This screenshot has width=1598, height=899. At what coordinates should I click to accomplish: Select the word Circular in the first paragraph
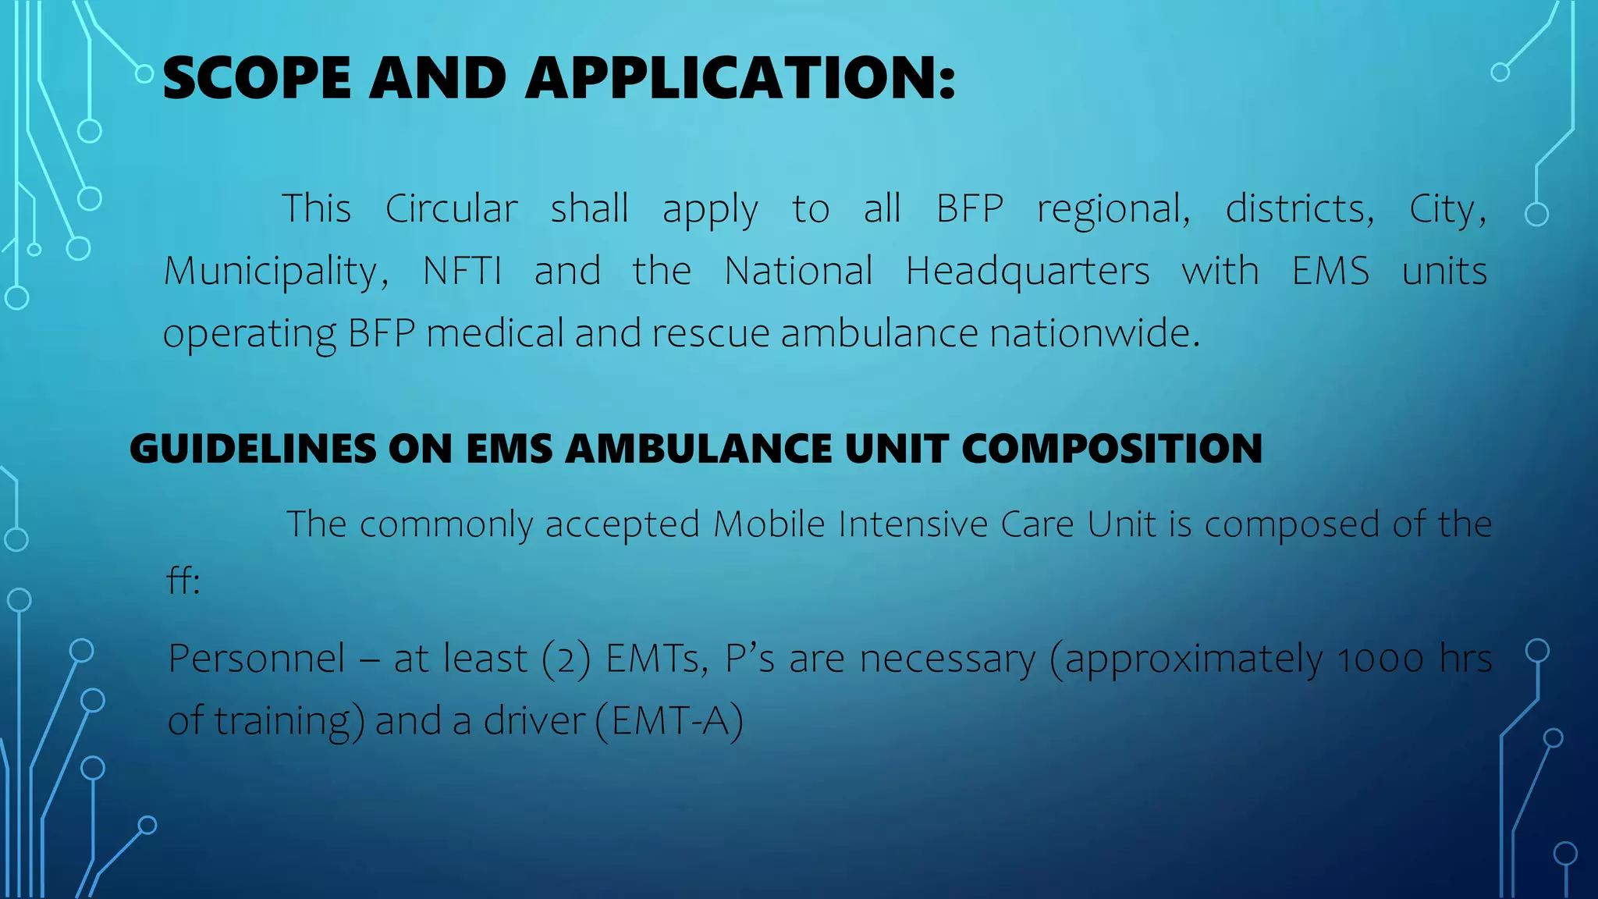point(451,209)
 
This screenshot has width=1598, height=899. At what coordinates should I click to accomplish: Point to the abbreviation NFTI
point(462,271)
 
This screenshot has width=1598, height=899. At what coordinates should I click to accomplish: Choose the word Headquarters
point(1027,272)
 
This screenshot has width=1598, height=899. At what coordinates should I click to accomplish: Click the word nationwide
point(1094,333)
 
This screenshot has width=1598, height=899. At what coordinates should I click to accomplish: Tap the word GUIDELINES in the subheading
point(252,449)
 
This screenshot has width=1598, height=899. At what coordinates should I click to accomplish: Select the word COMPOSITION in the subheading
point(1111,449)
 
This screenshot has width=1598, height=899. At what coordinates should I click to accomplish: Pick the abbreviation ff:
point(184,581)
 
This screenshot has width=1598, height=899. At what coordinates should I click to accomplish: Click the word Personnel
point(257,658)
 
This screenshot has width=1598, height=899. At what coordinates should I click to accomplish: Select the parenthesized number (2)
point(566,659)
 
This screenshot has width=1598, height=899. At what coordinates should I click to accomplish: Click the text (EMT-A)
point(669,720)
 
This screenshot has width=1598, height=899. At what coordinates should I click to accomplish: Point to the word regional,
point(1113,209)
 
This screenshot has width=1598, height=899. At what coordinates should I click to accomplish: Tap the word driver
point(534,720)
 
